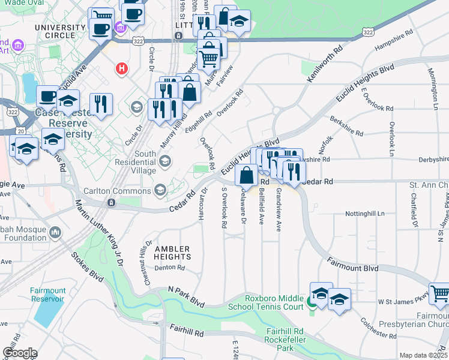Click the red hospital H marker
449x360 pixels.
[x=122, y=69]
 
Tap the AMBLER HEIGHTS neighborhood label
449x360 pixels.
[x=172, y=253]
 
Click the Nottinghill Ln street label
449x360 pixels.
[x=364, y=214]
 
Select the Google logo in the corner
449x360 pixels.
[x=19, y=353]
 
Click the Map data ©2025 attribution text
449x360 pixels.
[x=423, y=355]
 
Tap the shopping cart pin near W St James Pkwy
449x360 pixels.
[x=440, y=293]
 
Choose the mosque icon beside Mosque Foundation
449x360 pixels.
[x=55, y=232]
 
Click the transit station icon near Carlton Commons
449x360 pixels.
[x=110, y=203]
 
